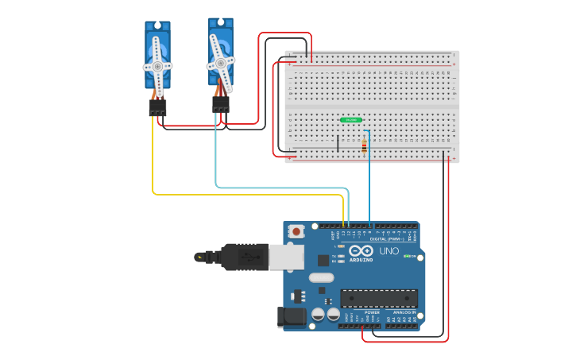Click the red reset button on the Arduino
point(296,231)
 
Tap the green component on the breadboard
point(351,120)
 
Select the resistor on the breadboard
point(365,145)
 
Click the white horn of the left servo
point(157,65)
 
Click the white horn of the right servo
point(221,61)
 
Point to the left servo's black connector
point(157,107)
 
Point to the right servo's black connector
point(221,104)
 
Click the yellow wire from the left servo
point(153,167)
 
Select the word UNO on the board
point(389,251)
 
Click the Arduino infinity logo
point(360,251)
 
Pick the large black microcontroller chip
point(379,298)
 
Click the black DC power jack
point(290,317)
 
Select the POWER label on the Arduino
point(372,312)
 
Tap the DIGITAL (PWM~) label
point(385,238)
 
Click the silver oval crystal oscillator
point(321,278)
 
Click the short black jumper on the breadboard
point(338,143)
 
